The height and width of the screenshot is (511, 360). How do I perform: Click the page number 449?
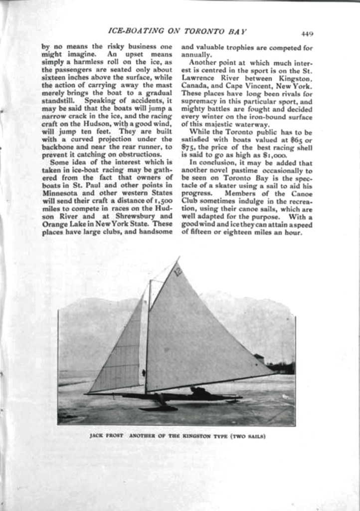[307, 34]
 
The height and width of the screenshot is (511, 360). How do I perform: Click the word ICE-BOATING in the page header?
[130, 31]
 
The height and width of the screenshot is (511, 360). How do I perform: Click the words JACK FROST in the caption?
[106, 436]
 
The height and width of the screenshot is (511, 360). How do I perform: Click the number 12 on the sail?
[178, 271]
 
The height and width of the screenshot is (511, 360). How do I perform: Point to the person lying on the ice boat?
[200, 393]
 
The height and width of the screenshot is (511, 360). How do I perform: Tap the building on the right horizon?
[259, 358]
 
